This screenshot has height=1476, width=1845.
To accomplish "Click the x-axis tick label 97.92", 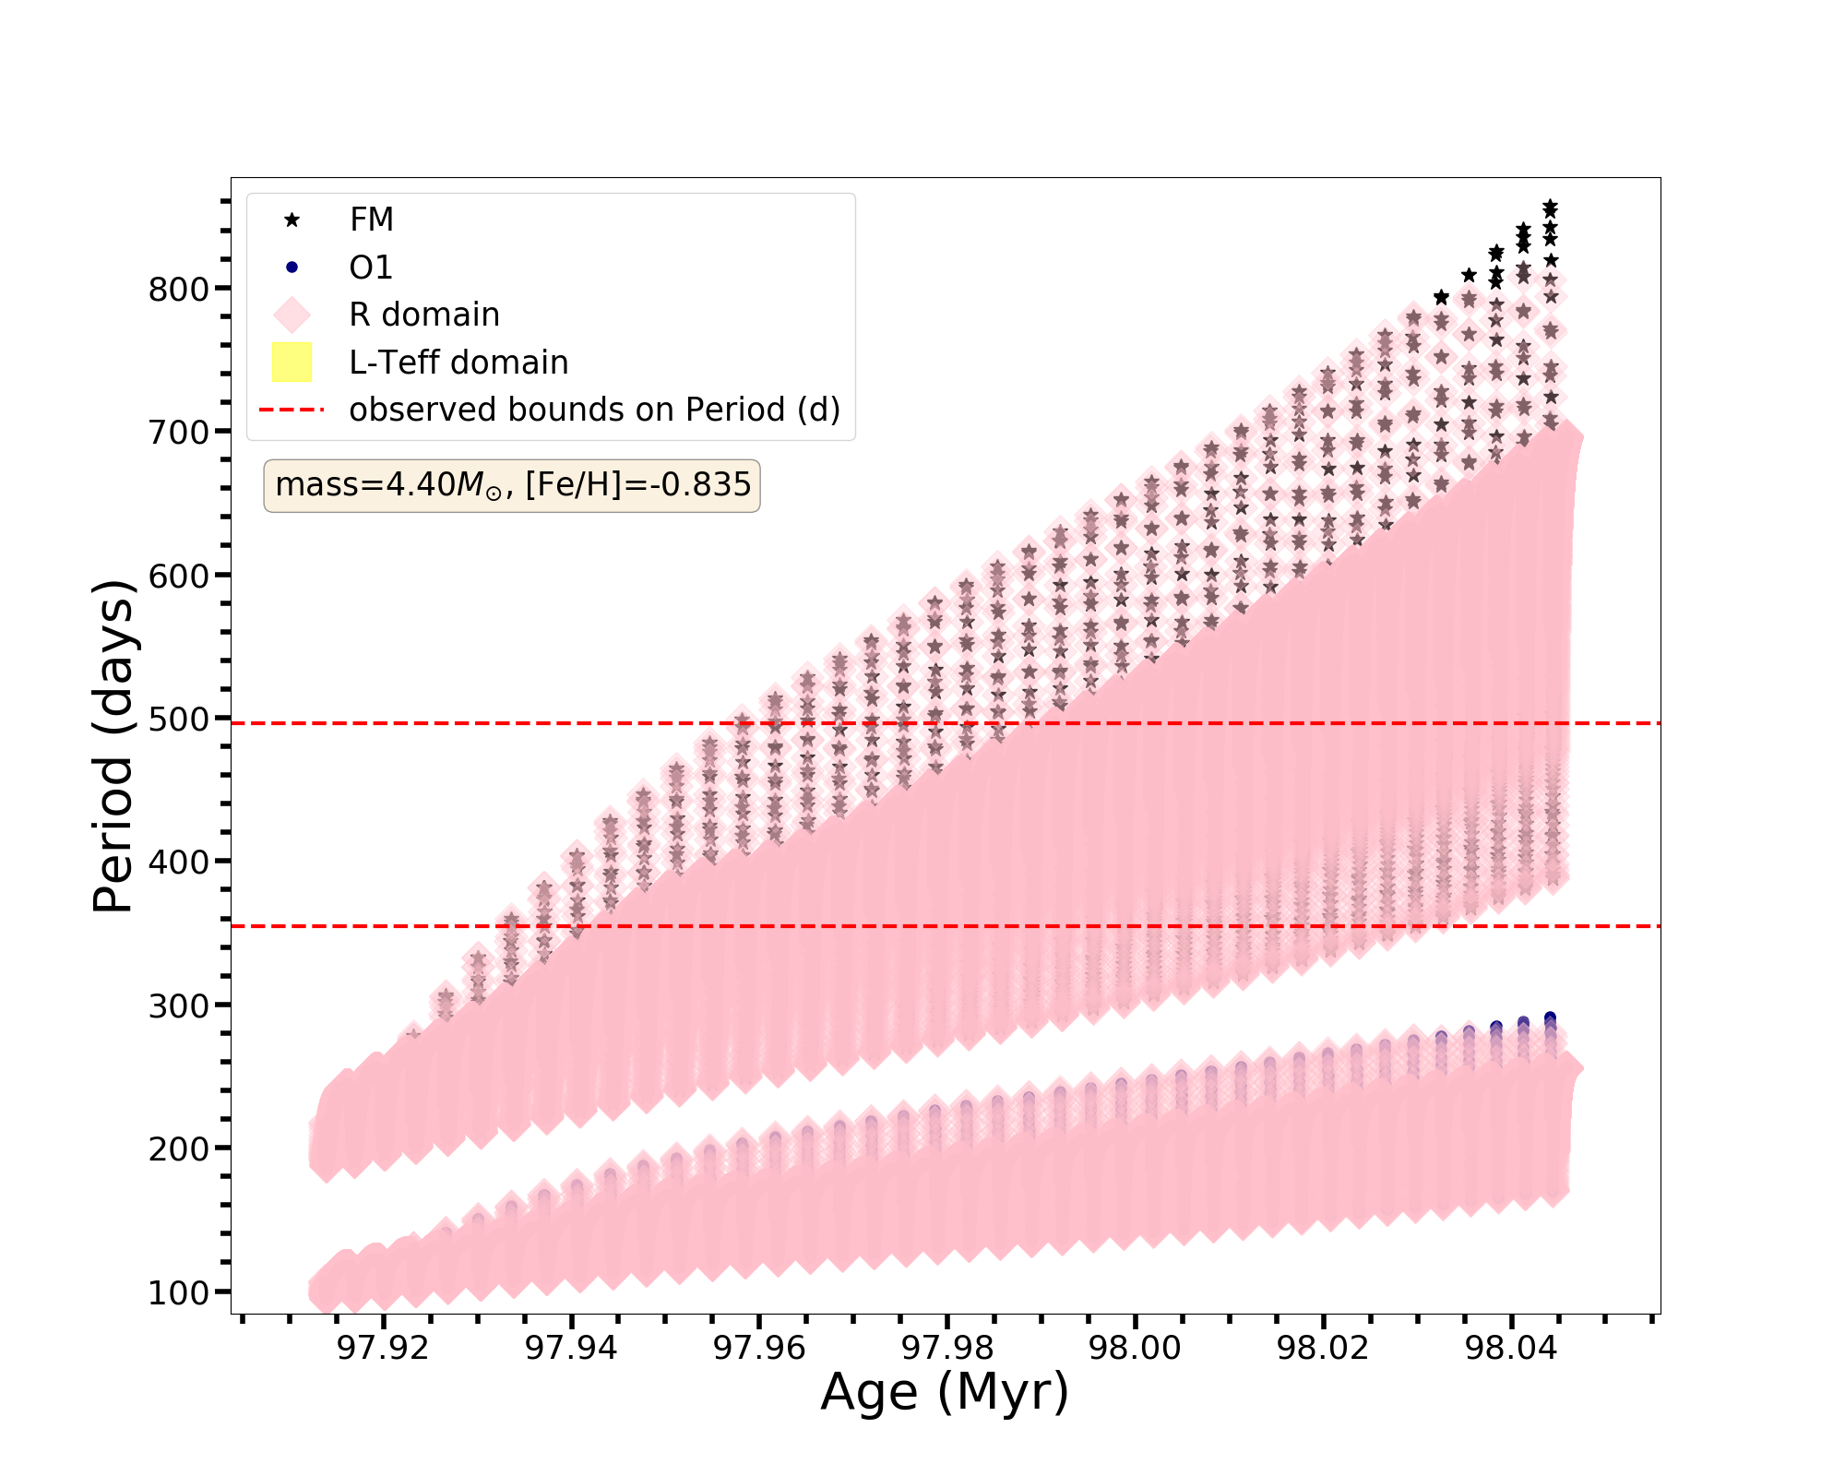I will pyautogui.click(x=383, y=1349).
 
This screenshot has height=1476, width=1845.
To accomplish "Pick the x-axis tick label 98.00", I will pyautogui.click(x=1135, y=1349).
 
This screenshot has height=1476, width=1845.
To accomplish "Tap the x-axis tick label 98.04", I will pyautogui.click(x=1511, y=1349).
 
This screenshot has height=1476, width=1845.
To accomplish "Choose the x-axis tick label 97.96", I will pyautogui.click(x=759, y=1349).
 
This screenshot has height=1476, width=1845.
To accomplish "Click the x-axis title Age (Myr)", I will pyautogui.click(x=945, y=1392).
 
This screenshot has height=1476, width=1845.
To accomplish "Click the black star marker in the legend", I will pyautogui.click(x=292, y=220).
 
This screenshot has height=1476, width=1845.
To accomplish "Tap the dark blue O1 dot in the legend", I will pyautogui.click(x=292, y=268).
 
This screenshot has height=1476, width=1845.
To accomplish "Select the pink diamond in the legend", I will pyautogui.click(x=292, y=315).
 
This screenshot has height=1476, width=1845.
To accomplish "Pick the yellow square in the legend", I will pyautogui.click(x=292, y=363).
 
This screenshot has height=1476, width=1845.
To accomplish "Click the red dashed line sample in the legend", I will pyautogui.click(x=292, y=410).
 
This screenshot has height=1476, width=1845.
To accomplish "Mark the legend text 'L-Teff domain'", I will pyautogui.click(x=458, y=363).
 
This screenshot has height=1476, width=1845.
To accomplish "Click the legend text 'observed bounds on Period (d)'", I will pyautogui.click(x=595, y=410).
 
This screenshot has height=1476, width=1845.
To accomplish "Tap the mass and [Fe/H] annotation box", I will pyautogui.click(x=512, y=485).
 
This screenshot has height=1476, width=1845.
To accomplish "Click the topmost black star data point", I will pyautogui.click(x=1551, y=206).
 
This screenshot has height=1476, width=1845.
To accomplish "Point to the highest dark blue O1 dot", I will pyautogui.click(x=1551, y=1018).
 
